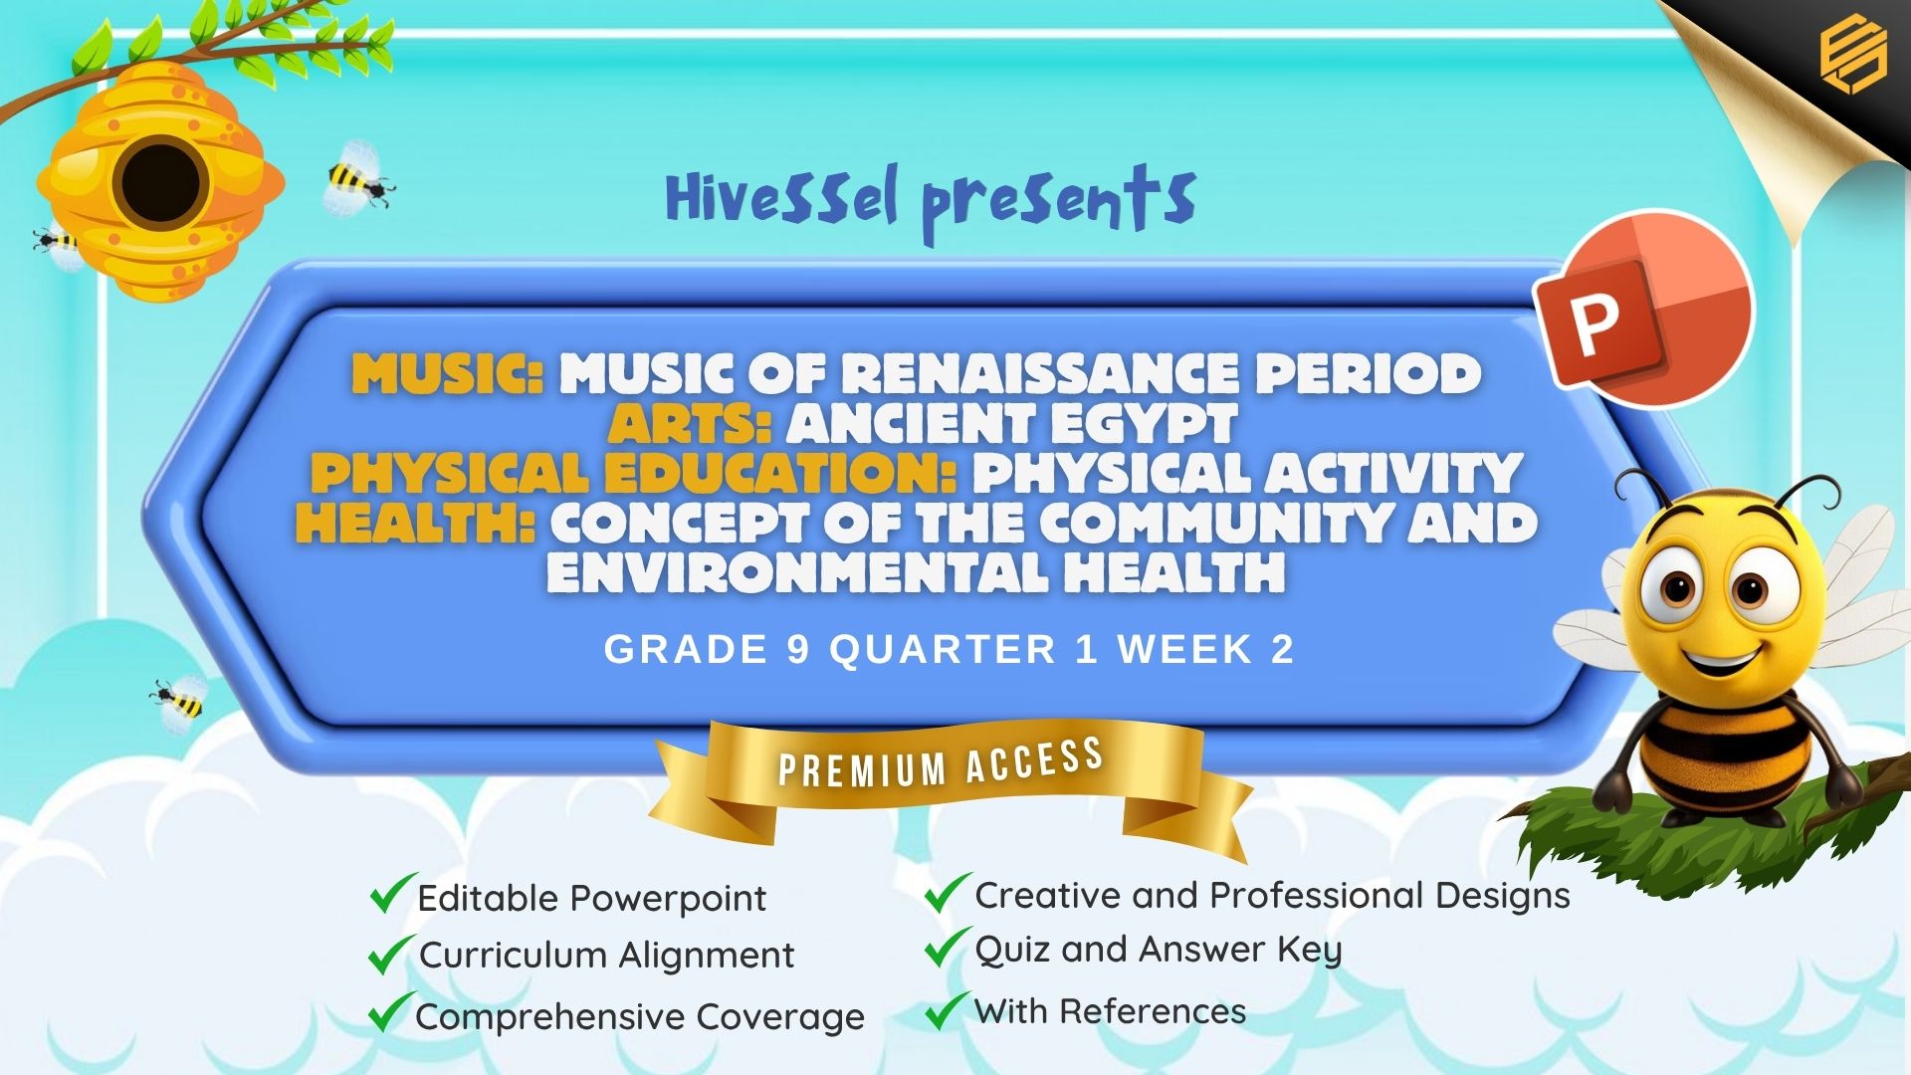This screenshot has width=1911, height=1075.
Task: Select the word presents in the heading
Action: [x=1058, y=205]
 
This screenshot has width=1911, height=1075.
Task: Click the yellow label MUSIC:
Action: [x=448, y=374]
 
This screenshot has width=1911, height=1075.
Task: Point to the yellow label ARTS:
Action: [x=690, y=424]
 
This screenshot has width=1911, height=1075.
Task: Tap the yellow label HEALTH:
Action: [x=416, y=524]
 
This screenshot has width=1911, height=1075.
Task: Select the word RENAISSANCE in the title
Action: [x=1040, y=374]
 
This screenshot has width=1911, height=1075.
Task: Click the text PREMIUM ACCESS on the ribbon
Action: [x=941, y=762]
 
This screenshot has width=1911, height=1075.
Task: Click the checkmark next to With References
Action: [x=948, y=1010]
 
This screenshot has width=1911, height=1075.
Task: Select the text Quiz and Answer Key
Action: [x=1159, y=951]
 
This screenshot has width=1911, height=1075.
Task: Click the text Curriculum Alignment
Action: [x=606, y=956]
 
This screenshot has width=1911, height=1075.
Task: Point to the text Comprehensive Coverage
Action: [x=640, y=1017]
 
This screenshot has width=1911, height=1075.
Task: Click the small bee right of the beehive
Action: [x=358, y=178]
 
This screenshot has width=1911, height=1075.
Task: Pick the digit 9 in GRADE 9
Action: [x=798, y=650]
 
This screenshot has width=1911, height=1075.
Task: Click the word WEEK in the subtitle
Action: [x=1184, y=650]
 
